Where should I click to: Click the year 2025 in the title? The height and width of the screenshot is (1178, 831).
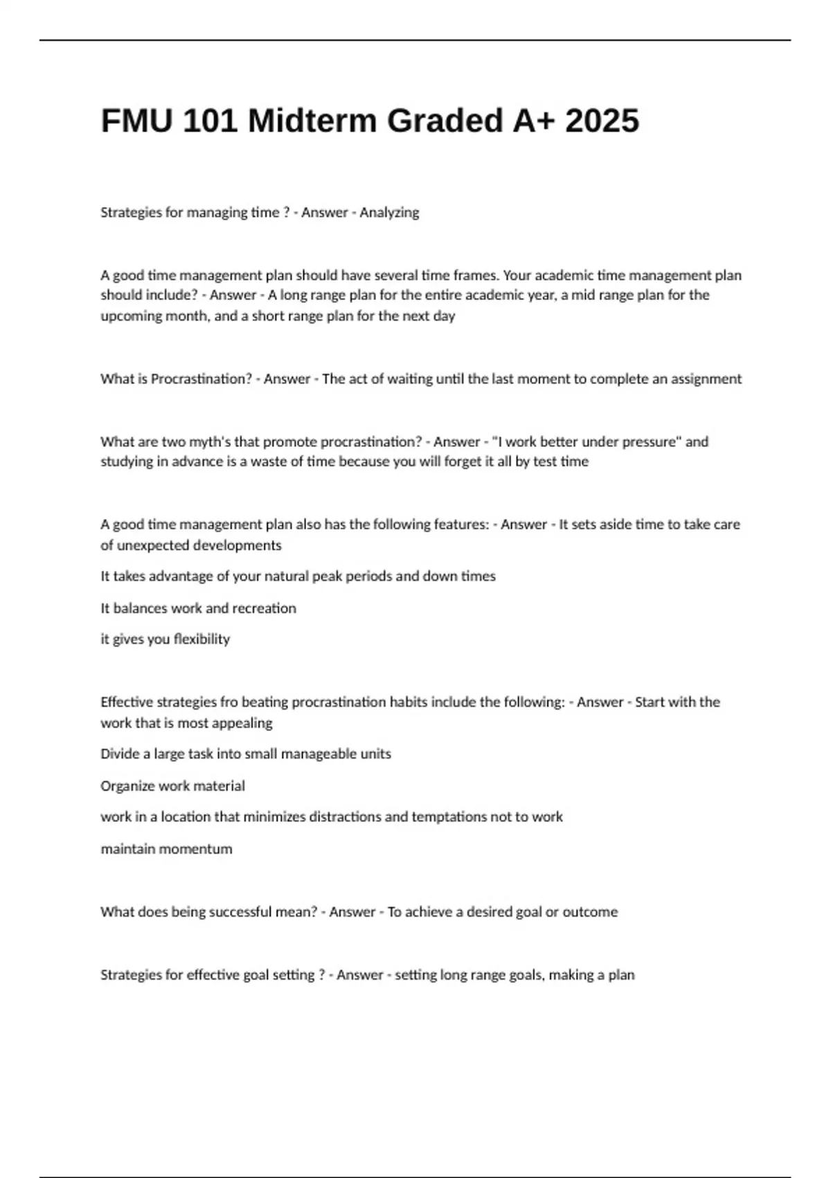pyautogui.click(x=602, y=121)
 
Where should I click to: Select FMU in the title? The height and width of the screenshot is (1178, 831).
pyautogui.click(x=138, y=121)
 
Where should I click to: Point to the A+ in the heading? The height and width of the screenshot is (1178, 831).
pyautogui.click(x=533, y=121)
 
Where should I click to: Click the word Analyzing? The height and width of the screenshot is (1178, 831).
pyautogui.click(x=389, y=213)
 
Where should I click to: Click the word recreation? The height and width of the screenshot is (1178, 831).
pyautogui.click(x=264, y=608)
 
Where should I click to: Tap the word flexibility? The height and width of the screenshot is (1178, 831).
pyautogui.click(x=202, y=640)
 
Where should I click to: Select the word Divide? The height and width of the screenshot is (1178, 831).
pyautogui.click(x=120, y=754)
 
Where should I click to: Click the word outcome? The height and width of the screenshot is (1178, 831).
pyautogui.click(x=590, y=912)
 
